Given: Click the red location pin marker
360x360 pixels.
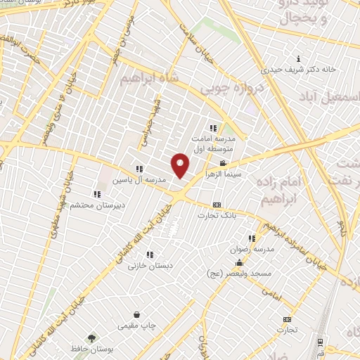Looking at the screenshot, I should (181, 166).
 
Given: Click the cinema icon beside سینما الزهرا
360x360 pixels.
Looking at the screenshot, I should (223, 163).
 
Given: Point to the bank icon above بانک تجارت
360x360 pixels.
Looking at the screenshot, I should (216, 205).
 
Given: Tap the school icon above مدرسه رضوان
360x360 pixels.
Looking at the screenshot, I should (251, 239).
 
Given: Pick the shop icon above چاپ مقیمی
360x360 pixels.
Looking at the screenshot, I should (136, 314).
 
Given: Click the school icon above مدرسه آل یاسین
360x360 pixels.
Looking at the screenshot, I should (140, 169).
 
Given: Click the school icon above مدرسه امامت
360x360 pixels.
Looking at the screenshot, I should (213, 128).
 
